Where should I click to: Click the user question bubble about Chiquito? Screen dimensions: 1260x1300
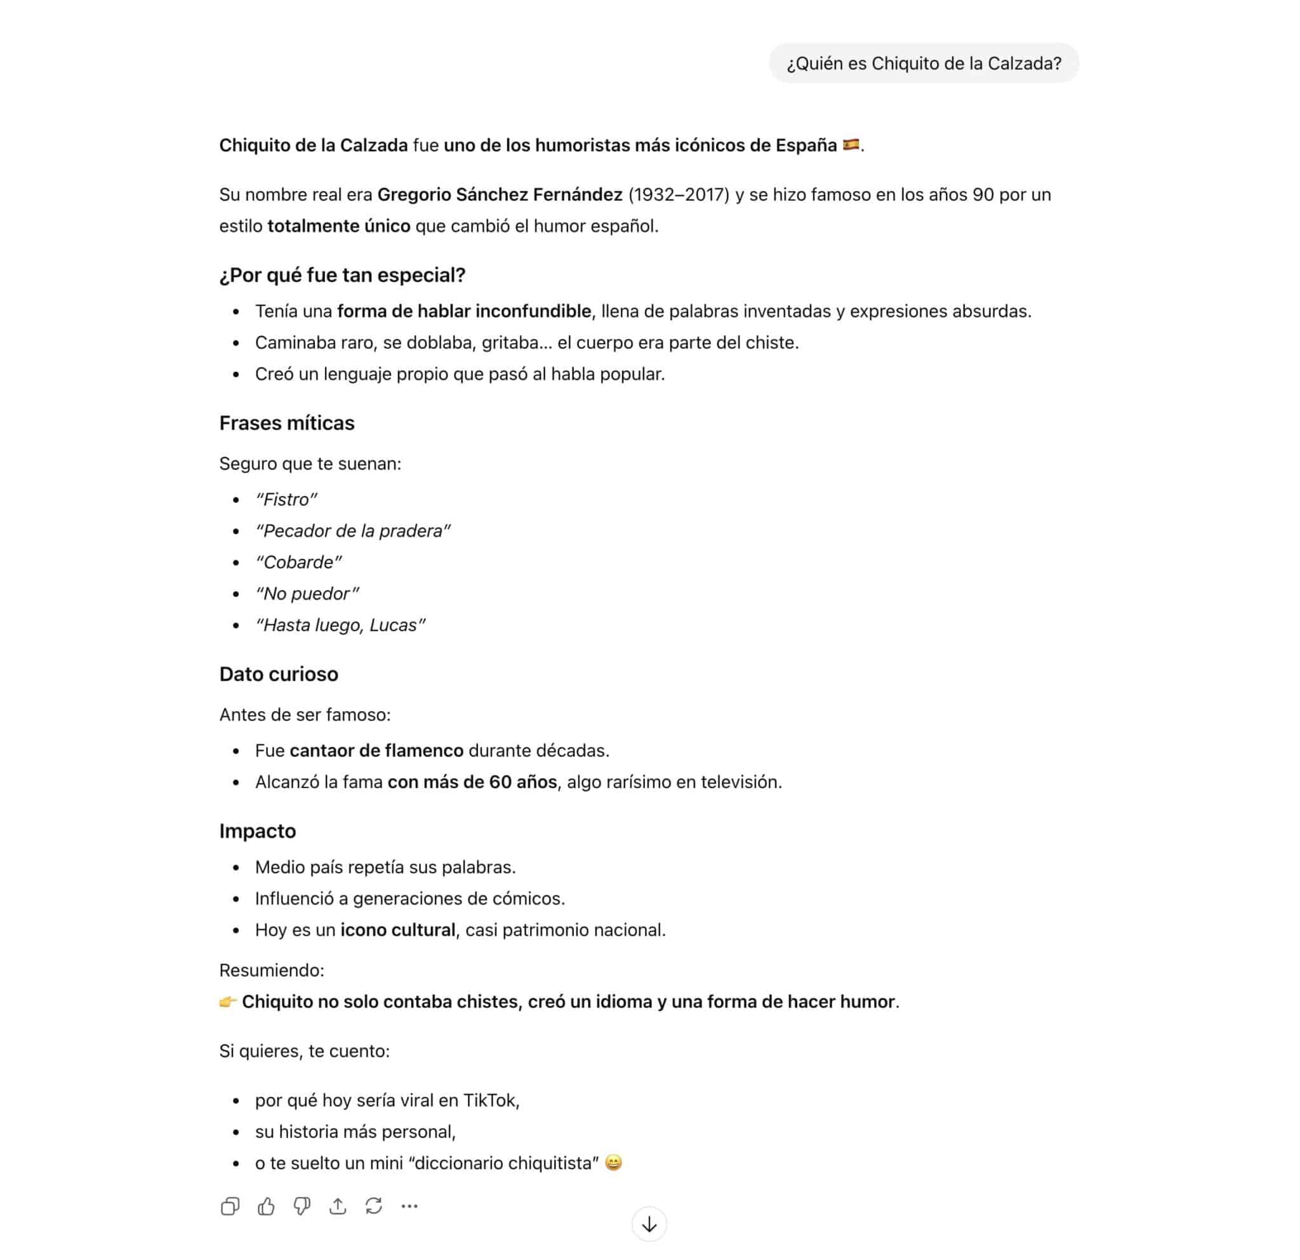[x=923, y=64]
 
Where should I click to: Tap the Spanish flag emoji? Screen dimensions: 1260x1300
[x=851, y=145]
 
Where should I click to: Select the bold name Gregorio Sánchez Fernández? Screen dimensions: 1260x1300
[x=500, y=195]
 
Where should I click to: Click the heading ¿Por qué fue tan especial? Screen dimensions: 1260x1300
[x=342, y=276]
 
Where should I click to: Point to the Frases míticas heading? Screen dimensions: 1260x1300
[x=286, y=424]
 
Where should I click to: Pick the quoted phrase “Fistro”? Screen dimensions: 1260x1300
[x=286, y=500]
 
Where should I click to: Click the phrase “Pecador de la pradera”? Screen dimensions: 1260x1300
[x=353, y=531]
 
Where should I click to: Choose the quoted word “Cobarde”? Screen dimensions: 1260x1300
[x=298, y=563]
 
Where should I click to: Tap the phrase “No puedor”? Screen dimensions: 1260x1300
[x=307, y=594]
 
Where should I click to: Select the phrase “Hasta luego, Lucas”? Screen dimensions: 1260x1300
[x=340, y=625]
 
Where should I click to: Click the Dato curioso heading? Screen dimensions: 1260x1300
[x=279, y=674]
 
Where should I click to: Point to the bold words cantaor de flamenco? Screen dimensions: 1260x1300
[x=376, y=751]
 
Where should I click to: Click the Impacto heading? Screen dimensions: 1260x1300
[x=257, y=831]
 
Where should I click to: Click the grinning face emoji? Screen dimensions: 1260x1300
[x=614, y=1163]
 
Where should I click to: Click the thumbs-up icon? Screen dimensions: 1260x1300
[x=266, y=1205]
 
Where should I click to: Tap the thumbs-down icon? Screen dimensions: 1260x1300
[x=302, y=1205]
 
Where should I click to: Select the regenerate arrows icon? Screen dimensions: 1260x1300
[x=373, y=1205]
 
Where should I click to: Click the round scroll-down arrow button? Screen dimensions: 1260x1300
[x=649, y=1224]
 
